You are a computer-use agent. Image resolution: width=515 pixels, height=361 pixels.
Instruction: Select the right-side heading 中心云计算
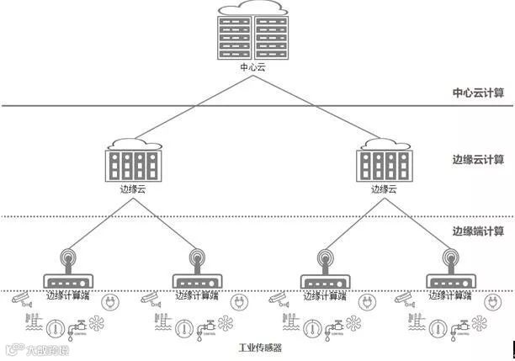click(x=478, y=93)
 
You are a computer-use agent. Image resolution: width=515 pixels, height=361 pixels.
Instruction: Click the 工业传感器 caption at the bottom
click(x=257, y=347)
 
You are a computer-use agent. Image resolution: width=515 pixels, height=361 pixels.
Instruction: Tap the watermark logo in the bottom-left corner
click(x=34, y=348)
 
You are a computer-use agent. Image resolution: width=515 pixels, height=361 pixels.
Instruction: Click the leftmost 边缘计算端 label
click(x=67, y=296)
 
